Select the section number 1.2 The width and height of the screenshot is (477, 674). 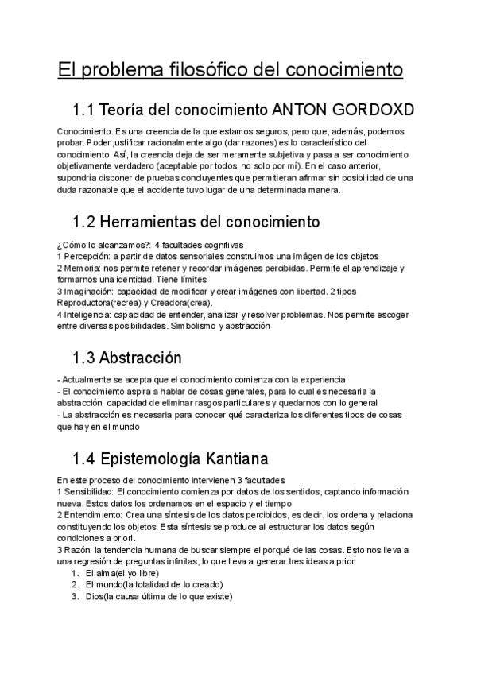87,220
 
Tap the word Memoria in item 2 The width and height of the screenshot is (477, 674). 82,269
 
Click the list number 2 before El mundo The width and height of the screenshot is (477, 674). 74,585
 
